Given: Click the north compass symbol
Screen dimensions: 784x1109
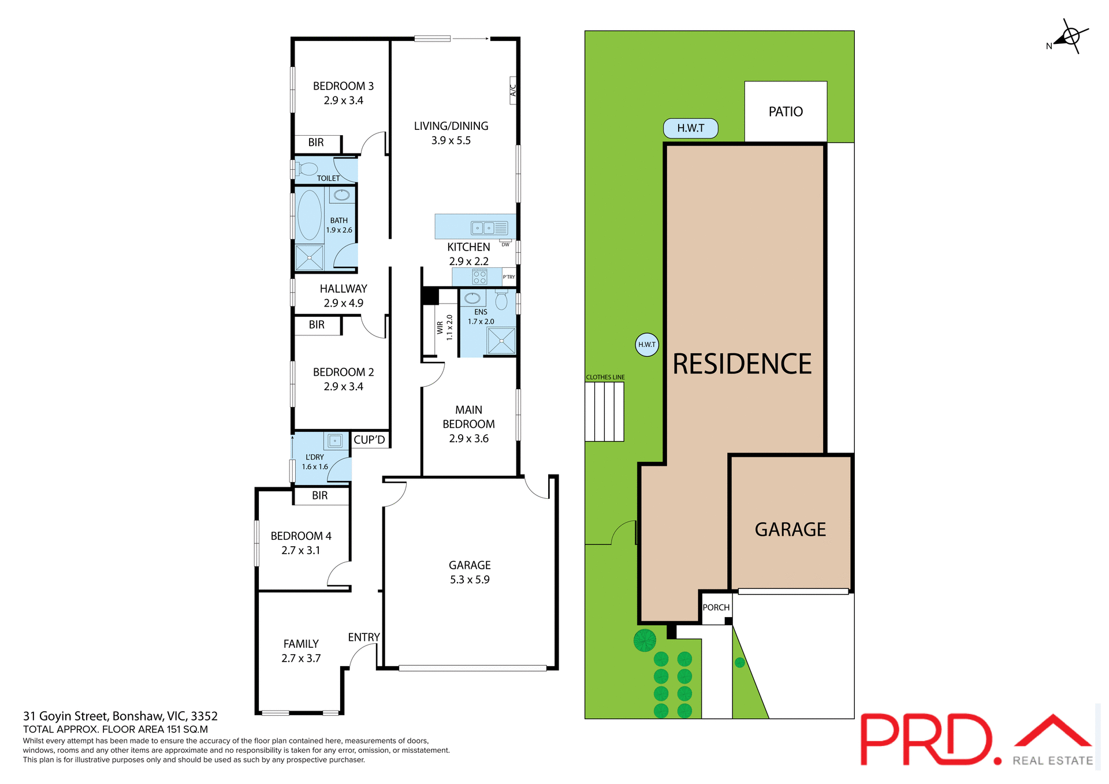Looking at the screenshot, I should click(x=1070, y=37).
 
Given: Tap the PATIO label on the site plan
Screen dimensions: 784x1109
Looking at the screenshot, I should click(x=786, y=111).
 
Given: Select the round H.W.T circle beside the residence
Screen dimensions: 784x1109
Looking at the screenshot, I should click(x=646, y=345).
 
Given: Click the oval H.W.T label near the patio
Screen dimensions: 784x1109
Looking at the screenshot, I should click(x=690, y=128).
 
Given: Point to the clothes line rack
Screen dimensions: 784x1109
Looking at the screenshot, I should click(x=604, y=412).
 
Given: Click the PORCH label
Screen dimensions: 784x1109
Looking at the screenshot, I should click(x=716, y=607).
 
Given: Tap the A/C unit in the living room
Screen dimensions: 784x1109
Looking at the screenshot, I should click(x=512, y=90).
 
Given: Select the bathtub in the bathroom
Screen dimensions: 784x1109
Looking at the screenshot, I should click(x=309, y=215).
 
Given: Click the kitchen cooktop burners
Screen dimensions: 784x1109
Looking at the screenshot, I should click(x=479, y=277).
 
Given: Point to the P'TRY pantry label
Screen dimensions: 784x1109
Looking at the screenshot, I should click(x=508, y=277).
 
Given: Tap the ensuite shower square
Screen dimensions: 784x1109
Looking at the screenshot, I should click(x=501, y=341).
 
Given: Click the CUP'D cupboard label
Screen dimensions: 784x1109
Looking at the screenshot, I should click(x=369, y=440).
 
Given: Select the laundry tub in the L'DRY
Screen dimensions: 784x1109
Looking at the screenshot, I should click(x=334, y=441).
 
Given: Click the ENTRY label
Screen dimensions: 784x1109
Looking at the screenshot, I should click(x=363, y=637).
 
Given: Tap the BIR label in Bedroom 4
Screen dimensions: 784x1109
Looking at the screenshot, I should click(x=319, y=495).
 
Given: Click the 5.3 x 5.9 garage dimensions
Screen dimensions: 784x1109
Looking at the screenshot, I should click(x=469, y=580).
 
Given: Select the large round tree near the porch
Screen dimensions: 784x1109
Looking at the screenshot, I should click(x=645, y=640).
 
